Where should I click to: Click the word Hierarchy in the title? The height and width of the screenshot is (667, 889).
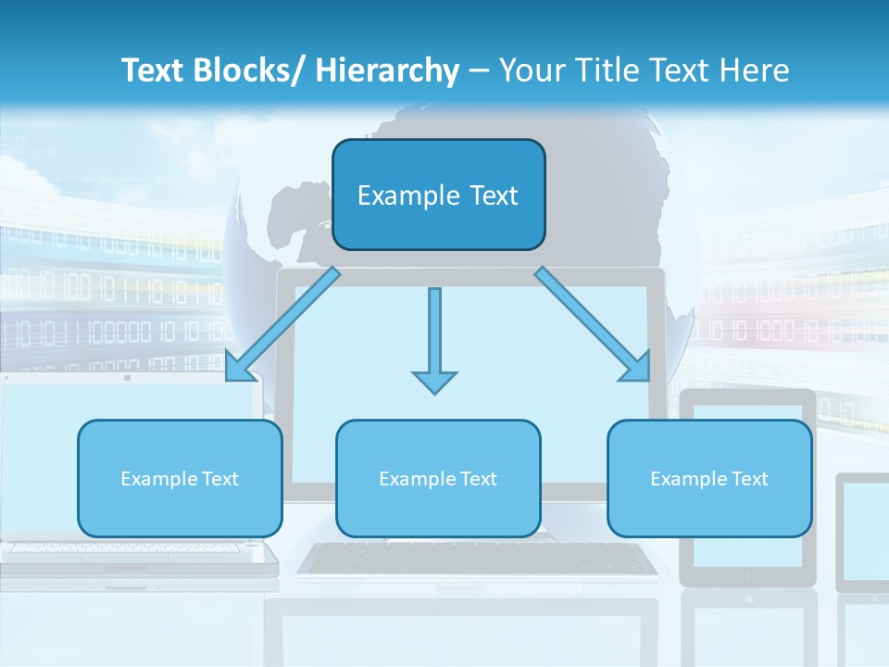387,70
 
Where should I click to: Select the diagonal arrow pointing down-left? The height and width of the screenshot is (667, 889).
282,325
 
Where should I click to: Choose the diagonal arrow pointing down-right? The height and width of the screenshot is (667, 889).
593,325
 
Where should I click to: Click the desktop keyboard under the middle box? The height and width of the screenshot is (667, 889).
476,559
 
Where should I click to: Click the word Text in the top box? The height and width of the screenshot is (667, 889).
494,195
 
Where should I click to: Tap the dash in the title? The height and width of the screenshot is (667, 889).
479,70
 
